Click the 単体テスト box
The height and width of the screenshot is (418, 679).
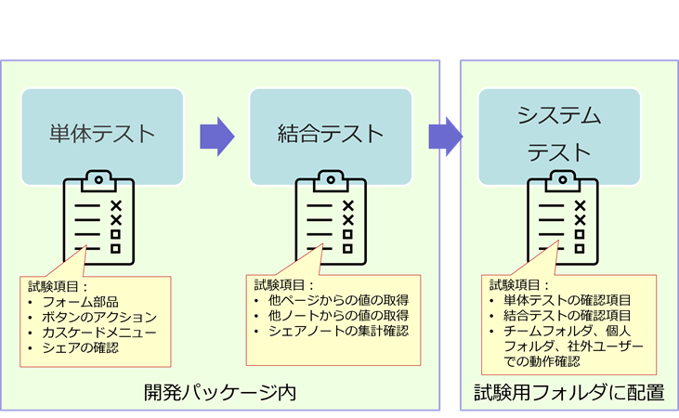[x=102, y=133]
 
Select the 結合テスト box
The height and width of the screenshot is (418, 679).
[x=330, y=133]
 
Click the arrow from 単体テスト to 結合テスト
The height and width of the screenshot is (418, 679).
[x=216, y=136]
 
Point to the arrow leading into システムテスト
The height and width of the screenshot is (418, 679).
[x=445, y=136]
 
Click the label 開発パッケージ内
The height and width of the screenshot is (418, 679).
[x=219, y=392]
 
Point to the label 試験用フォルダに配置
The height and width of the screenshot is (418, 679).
[x=568, y=392]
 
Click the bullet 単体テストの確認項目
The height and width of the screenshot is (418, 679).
[x=568, y=301]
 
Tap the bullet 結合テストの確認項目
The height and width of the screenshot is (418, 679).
[x=568, y=316]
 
